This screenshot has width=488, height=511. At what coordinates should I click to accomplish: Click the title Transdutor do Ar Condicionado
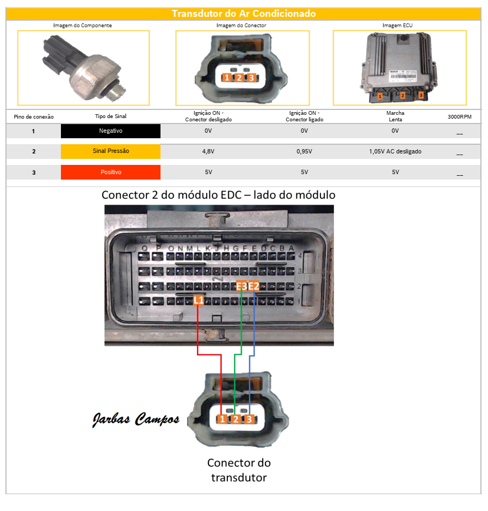244,14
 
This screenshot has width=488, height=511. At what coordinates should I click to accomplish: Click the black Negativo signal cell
110,131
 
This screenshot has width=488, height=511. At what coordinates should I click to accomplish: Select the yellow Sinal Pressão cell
110,151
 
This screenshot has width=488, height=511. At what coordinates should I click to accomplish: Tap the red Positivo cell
110,172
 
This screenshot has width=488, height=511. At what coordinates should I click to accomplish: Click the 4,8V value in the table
208,152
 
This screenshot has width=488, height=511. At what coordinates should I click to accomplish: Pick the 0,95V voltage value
304,152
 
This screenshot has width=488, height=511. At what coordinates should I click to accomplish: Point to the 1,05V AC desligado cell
395,152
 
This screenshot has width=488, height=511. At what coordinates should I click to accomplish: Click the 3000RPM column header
459,116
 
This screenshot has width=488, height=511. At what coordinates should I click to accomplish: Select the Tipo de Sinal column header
110,116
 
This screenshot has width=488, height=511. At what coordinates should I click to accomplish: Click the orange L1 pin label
199,300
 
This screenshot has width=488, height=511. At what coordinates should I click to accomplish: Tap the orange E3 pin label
242,286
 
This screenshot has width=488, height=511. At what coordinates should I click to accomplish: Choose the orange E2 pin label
254,286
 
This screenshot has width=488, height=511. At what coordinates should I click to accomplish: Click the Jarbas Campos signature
134,420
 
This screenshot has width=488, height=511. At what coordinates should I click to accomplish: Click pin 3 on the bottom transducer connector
249,419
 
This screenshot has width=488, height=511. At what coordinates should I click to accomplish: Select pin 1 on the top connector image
226,78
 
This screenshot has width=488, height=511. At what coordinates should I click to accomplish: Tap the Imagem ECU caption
399,26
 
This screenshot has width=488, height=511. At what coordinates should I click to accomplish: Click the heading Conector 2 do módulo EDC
218,195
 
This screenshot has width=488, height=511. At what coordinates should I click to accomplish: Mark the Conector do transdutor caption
238,470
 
